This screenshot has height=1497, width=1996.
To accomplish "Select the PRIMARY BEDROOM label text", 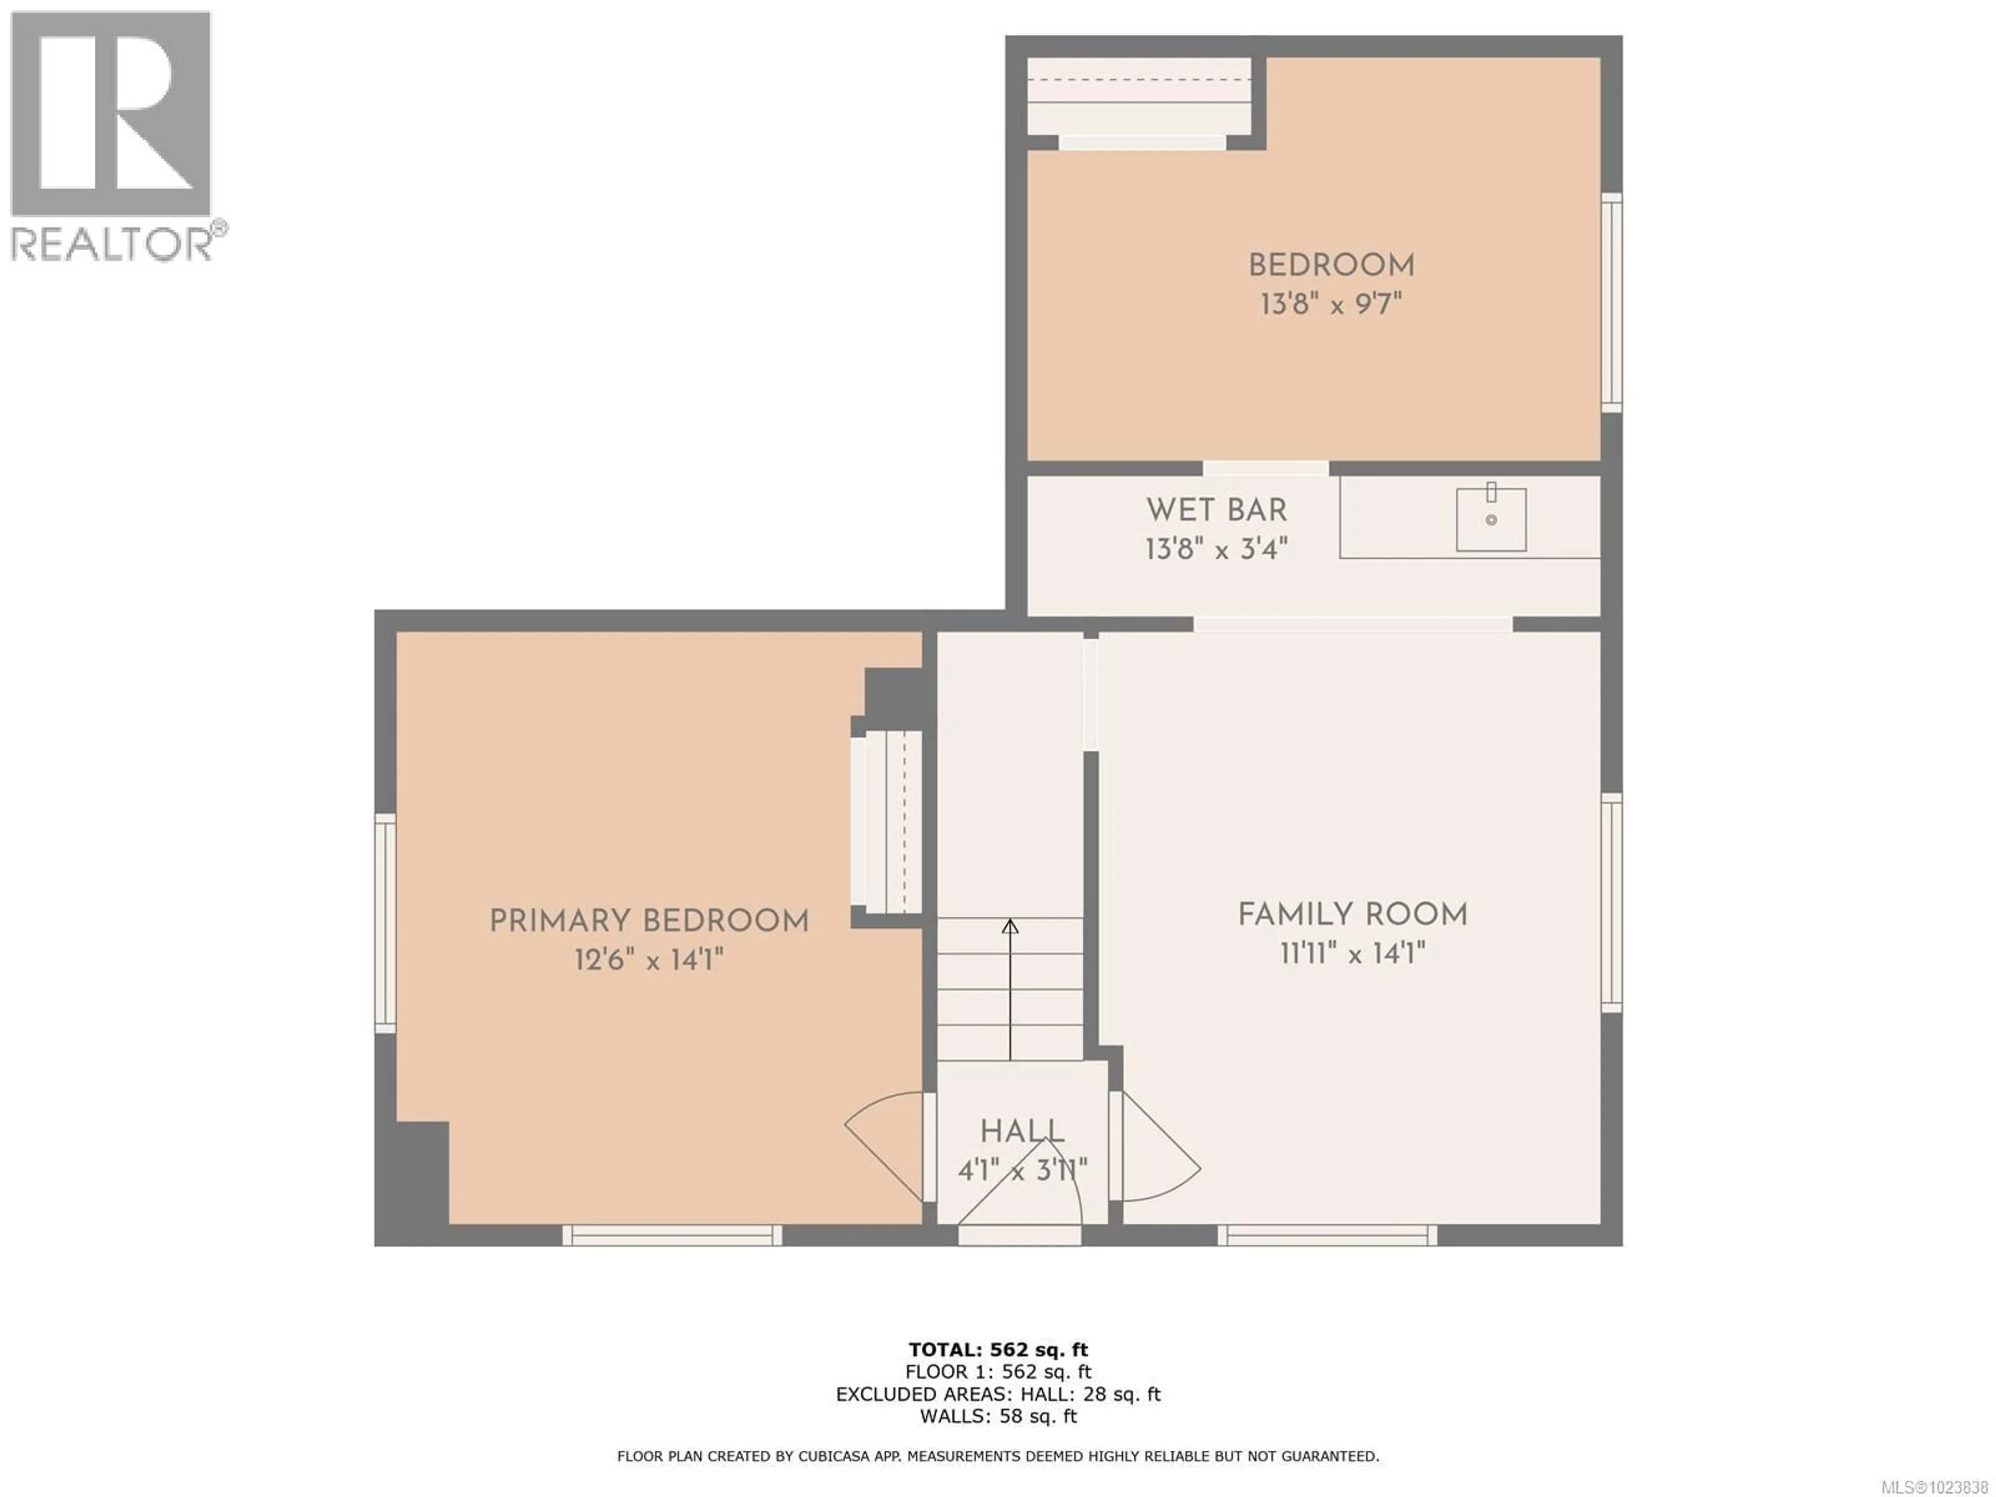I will click(649, 921).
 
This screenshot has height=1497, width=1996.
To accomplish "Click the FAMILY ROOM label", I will click(1352, 915).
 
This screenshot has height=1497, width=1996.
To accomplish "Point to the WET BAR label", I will click(1216, 511).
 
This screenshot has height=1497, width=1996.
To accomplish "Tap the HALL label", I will click(1022, 1132).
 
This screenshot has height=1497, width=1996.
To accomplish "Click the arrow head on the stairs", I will click(1010, 927).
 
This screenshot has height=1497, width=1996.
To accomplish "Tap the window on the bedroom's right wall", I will click(1611, 303).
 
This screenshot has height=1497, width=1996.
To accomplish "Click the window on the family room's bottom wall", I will click(1328, 1236).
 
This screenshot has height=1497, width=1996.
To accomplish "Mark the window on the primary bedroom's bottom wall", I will click(672, 1236).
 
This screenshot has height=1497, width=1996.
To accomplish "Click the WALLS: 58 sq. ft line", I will click(998, 1416).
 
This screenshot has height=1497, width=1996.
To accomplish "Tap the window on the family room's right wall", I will click(1611, 902).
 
